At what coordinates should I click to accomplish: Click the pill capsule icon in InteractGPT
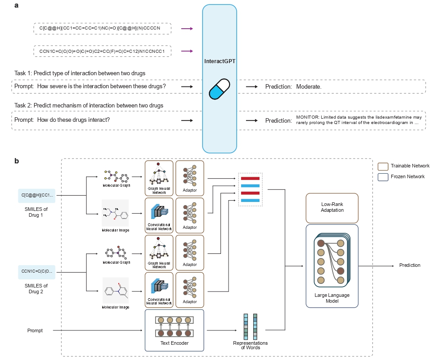pos(219,89)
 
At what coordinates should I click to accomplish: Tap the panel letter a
pos(16,6)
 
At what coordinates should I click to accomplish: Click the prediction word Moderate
pos(309,86)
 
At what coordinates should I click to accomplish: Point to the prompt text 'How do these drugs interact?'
pos(74,120)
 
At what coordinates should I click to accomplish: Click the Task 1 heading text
pos(80,73)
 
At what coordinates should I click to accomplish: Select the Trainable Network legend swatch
pos(383,166)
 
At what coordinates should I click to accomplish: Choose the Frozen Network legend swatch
pos(383,176)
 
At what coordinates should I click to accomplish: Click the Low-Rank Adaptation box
pos(332,208)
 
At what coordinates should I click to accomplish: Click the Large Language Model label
pos(332,298)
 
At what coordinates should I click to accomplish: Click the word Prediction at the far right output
pos(410,265)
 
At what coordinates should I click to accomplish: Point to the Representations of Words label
pos(250,345)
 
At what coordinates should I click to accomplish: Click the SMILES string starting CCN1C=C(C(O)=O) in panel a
pos(103,51)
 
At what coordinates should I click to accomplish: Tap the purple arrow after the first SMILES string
pos(186,29)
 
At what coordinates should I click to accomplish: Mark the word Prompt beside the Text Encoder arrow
pos(35,330)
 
